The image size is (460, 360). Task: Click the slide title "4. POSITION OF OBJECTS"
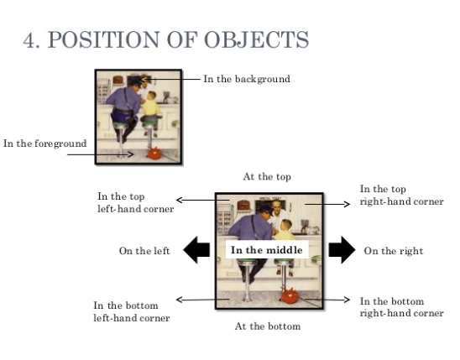[165, 39]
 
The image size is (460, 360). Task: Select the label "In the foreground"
[44, 143]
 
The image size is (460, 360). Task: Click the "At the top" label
[267, 177]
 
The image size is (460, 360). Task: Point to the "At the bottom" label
[267, 326]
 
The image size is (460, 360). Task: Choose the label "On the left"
[145, 251]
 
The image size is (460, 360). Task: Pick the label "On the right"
[393, 251]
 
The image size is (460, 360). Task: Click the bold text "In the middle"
[264, 250]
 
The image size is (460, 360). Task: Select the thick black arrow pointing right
[342, 250]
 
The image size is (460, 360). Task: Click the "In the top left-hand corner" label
[135, 202]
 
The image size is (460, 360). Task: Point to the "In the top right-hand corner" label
[401, 196]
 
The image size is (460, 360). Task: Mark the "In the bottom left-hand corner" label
[132, 311]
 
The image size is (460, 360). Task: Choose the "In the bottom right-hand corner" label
[401, 307]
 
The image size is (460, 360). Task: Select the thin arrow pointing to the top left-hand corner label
[196, 201]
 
